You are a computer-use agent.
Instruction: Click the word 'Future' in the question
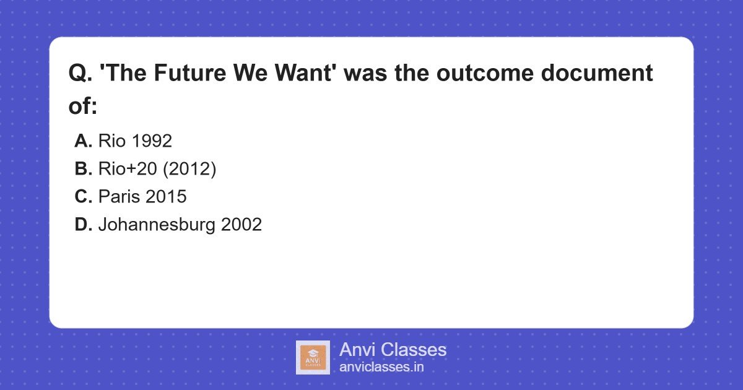click(193, 73)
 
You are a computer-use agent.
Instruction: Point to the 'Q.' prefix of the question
click(80, 73)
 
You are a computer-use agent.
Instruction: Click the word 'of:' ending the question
click(84, 106)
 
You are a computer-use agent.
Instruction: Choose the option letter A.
click(83, 141)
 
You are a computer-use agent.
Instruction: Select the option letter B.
click(83, 169)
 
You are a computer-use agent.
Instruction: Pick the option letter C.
click(83, 197)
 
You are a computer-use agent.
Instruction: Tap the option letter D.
click(83, 225)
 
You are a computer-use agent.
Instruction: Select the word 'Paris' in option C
click(119, 197)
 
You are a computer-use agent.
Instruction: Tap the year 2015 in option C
click(166, 197)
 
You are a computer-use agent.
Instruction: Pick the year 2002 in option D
click(241, 225)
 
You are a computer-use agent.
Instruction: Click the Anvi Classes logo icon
click(313, 357)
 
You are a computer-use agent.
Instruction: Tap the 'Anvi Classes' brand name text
click(393, 350)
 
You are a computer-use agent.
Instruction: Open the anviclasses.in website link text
click(381, 367)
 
